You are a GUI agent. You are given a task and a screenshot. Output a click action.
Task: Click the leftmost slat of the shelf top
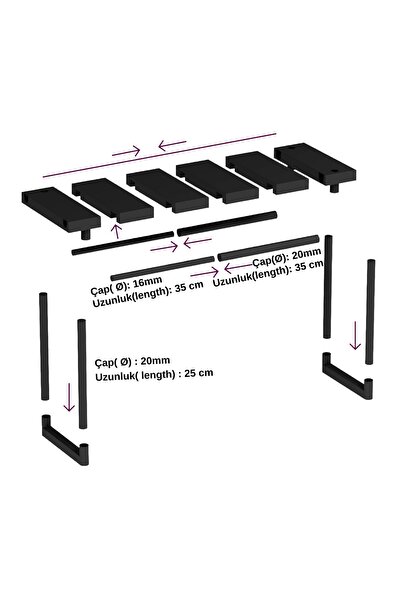(x=61, y=209)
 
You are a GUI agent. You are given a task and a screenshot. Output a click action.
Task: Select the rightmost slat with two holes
(x=315, y=164)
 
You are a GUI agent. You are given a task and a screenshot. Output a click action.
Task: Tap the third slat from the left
(x=167, y=190)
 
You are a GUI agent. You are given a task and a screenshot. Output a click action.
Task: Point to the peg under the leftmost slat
(x=86, y=234)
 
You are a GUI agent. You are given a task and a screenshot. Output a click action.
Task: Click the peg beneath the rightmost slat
(x=334, y=188)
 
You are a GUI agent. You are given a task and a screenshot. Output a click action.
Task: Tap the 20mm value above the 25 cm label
(x=155, y=361)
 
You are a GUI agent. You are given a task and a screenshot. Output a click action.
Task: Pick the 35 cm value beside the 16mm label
(x=189, y=287)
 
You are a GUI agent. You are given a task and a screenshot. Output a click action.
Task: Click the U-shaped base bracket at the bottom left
(x=64, y=441)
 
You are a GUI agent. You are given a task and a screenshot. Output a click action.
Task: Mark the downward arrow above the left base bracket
(x=69, y=397)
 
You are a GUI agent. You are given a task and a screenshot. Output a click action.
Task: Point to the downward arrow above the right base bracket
(x=355, y=335)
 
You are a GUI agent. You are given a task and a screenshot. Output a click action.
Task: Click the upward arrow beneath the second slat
(x=117, y=231)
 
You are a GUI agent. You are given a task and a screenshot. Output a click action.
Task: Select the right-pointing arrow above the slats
(x=126, y=151)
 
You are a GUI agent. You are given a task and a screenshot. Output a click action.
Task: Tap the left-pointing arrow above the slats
(x=172, y=145)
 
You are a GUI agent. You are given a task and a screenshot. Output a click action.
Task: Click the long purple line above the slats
(x=159, y=155)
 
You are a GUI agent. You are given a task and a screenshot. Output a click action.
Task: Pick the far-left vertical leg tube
(x=44, y=346)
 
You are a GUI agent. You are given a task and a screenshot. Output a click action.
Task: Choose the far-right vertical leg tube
(x=370, y=312)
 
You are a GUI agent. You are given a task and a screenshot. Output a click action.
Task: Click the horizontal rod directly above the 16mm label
(x=163, y=268)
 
